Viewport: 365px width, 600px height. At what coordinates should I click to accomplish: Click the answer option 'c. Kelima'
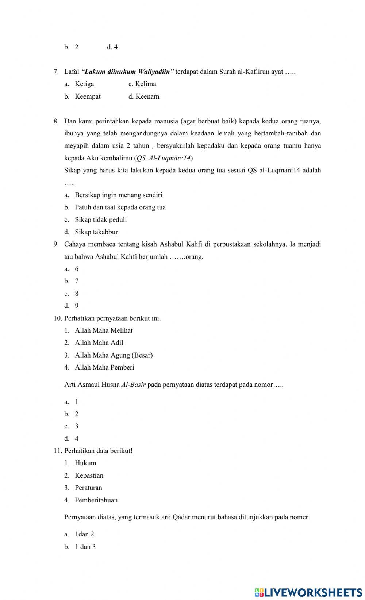(142, 84)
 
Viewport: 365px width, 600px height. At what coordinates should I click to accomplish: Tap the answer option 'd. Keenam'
(143, 96)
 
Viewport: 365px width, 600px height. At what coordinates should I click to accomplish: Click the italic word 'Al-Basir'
(133, 385)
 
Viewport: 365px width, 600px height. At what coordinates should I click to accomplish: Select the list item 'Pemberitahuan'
(96, 500)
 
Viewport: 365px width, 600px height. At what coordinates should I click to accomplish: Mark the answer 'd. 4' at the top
(112, 47)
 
